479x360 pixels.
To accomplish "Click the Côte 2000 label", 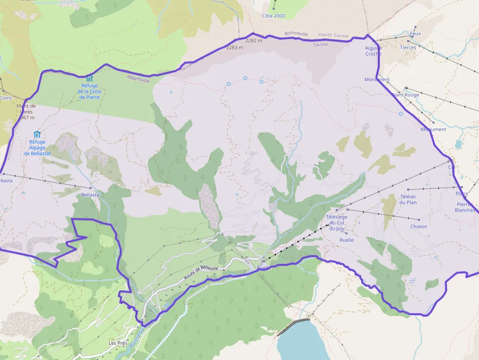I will pyautogui.click(x=273, y=16).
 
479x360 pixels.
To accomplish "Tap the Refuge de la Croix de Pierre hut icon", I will pyautogui.click(x=89, y=79).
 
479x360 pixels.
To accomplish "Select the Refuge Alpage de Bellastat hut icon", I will pyautogui.click(x=37, y=134).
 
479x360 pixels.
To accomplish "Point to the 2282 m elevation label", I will pyautogui.click(x=254, y=41).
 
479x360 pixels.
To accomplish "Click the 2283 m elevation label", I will pyautogui.click(x=235, y=47).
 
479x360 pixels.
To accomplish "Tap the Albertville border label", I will pyautogui.click(x=138, y=79).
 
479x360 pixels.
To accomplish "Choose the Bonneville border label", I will pyautogui.click(x=296, y=34).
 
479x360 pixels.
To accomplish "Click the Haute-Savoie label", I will pyautogui.click(x=333, y=35).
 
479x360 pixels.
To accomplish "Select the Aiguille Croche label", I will pyautogui.click(x=373, y=51).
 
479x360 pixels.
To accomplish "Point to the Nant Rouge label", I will pyautogui.click(x=406, y=95).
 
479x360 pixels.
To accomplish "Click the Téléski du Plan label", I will pyautogui.click(x=408, y=199).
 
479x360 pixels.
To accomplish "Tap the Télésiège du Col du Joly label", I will pyautogui.click(x=336, y=223).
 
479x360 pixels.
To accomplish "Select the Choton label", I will pyautogui.click(x=418, y=227).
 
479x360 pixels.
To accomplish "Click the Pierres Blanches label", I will pyautogui.click(x=465, y=207).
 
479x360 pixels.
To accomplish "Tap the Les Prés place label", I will pyautogui.click(x=118, y=343).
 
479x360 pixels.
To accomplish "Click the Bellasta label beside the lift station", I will pyautogui.click(x=90, y=194).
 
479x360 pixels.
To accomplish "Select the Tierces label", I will pyautogui.click(x=408, y=47).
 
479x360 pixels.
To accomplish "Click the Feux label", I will pyautogui.click(x=415, y=34).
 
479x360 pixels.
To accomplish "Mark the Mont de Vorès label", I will pyautogui.click(x=26, y=111).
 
